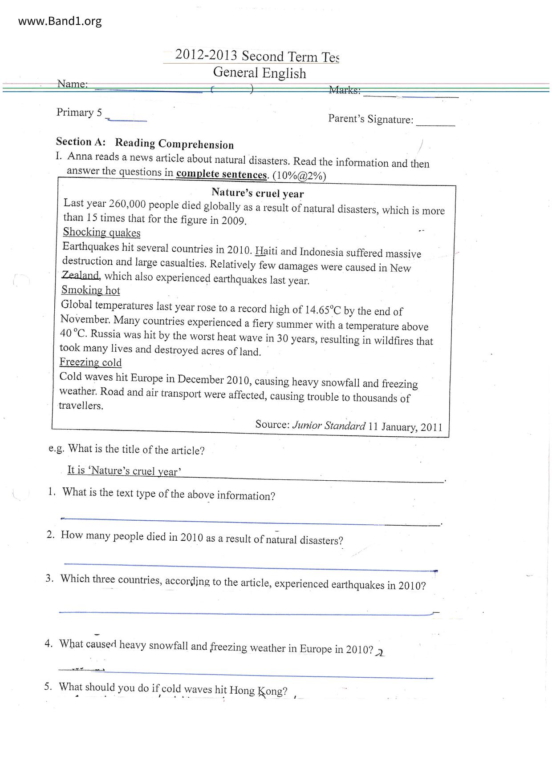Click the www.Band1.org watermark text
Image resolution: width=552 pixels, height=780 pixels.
pos(60,21)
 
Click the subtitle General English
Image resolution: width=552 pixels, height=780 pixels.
pos(260,73)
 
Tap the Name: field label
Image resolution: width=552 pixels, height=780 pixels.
pos(72,84)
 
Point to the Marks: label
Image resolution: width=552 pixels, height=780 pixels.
pos(345,90)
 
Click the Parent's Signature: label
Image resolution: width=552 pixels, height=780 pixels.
pos(370,119)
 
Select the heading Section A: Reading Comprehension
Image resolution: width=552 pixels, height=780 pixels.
pos(145,143)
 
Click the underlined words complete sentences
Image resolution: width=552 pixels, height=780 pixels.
pos(221,174)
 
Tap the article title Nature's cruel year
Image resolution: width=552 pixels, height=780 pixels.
pos(257,193)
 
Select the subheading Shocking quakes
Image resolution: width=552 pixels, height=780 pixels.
pos(101,232)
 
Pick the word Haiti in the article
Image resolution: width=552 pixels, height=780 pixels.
pos(266,251)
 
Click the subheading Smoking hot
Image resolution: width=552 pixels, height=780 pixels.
pos(91,290)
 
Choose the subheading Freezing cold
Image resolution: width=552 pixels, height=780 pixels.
pos(91,362)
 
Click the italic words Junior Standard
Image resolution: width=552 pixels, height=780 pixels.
pos(329,426)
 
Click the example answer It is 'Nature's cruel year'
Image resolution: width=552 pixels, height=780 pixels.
pos(124,471)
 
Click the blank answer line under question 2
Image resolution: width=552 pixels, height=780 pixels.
pos(249,567)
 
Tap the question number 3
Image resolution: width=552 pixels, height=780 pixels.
pos(49,578)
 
